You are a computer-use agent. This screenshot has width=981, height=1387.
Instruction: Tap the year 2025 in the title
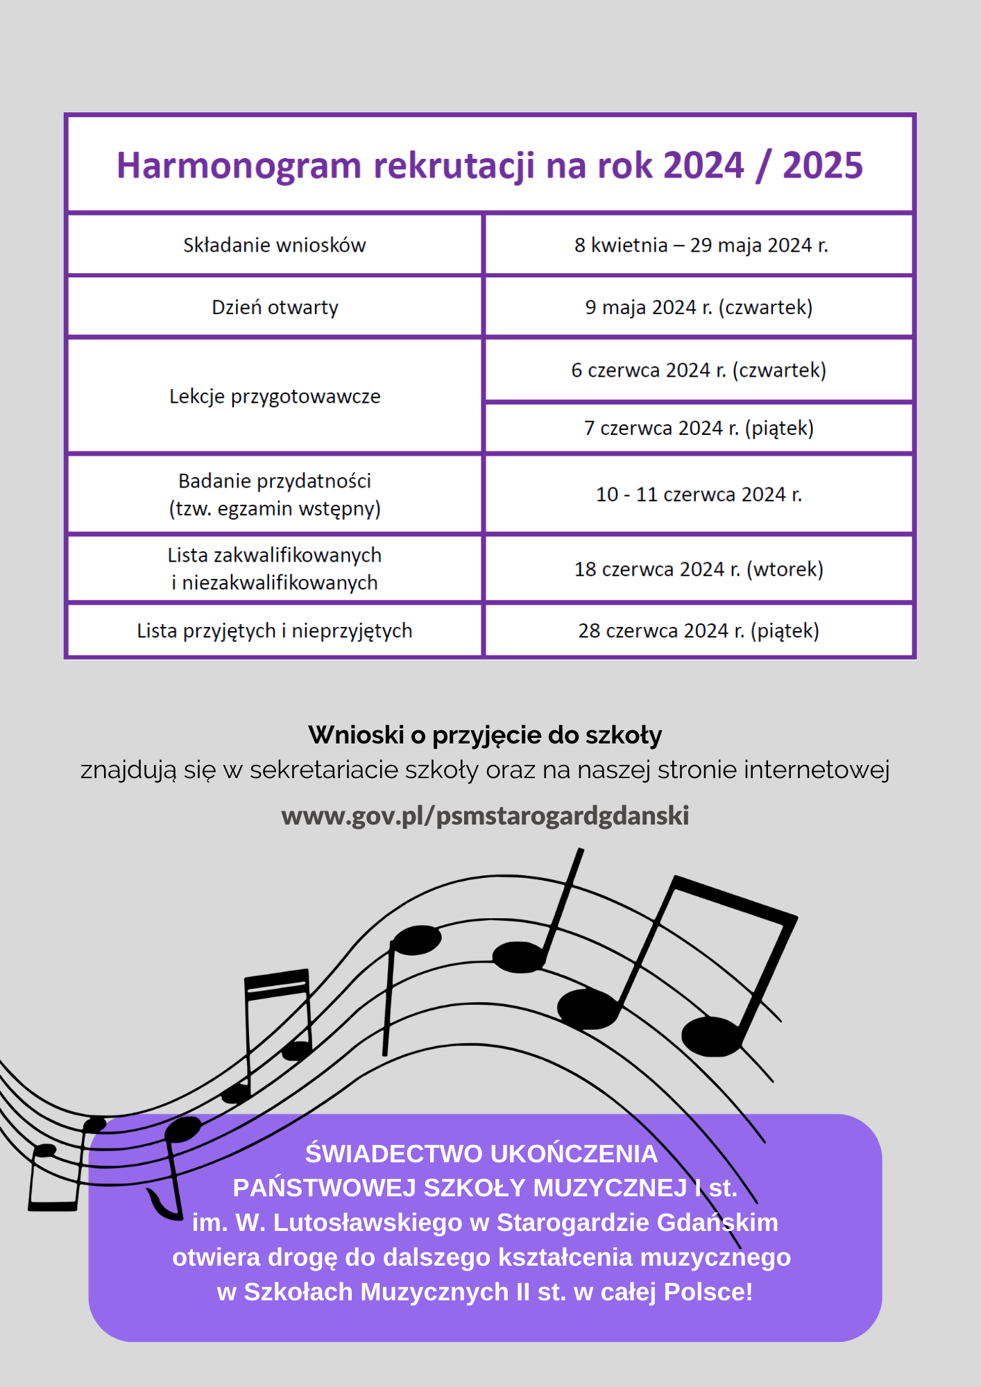(822, 166)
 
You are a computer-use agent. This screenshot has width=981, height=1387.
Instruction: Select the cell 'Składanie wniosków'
(275, 245)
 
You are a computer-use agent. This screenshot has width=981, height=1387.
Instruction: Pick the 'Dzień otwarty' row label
(275, 307)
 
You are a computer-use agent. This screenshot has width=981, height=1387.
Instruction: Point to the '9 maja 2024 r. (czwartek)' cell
(699, 307)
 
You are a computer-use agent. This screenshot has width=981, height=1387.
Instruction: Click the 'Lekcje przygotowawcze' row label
(275, 397)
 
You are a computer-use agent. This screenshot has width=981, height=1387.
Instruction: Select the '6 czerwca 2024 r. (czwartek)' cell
(699, 370)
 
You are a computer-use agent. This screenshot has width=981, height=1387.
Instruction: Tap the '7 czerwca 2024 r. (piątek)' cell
(699, 428)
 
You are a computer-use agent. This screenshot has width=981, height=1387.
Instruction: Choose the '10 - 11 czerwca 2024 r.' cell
(699, 494)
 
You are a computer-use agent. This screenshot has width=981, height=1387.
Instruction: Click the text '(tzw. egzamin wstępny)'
(275, 509)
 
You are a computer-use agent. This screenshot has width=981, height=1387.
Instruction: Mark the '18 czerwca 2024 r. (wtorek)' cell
(699, 569)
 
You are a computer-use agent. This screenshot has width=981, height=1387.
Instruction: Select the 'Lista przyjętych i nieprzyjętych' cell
(275, 631)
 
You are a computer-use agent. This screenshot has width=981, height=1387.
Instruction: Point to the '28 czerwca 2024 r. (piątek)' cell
(699, 631)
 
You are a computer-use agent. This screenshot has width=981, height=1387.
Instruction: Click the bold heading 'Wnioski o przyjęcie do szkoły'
(485, 735)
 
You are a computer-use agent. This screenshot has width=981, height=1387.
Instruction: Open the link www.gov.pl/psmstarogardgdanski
(485, 816)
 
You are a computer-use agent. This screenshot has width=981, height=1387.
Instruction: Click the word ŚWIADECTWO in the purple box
(394, 1154)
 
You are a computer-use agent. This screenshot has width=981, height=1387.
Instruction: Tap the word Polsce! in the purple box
(708, 1292)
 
